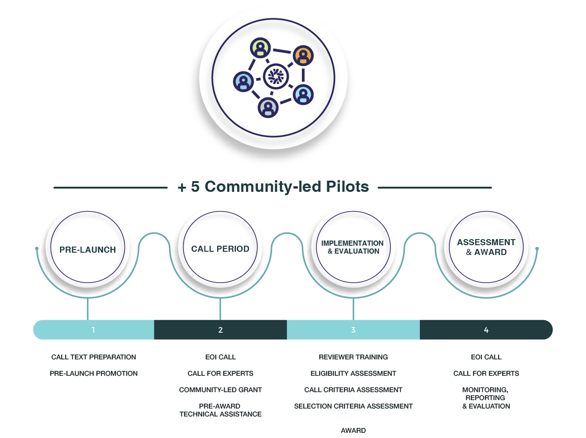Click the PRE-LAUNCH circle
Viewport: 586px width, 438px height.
88,249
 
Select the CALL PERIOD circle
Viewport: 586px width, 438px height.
220,248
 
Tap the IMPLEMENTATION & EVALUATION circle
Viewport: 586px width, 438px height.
352,248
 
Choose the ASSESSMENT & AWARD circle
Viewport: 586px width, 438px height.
486,247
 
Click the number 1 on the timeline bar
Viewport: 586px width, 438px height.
93,330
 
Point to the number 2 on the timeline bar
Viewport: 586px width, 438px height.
220,330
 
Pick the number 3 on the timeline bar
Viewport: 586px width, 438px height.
353,330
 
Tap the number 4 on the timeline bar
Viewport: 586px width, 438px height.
486,330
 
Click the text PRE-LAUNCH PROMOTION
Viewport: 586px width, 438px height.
94,373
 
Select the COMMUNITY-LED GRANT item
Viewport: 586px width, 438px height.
220,390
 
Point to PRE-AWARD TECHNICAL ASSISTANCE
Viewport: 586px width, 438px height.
220,410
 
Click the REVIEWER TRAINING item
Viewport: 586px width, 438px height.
353,357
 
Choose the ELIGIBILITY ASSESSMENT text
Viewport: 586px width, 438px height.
353,373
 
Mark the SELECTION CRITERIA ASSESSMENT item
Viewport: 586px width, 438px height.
353,406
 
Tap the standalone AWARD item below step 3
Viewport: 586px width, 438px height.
353,431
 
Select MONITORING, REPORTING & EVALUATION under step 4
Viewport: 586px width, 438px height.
486,398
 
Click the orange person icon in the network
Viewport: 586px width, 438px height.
303,56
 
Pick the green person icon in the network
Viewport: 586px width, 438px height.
260,48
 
